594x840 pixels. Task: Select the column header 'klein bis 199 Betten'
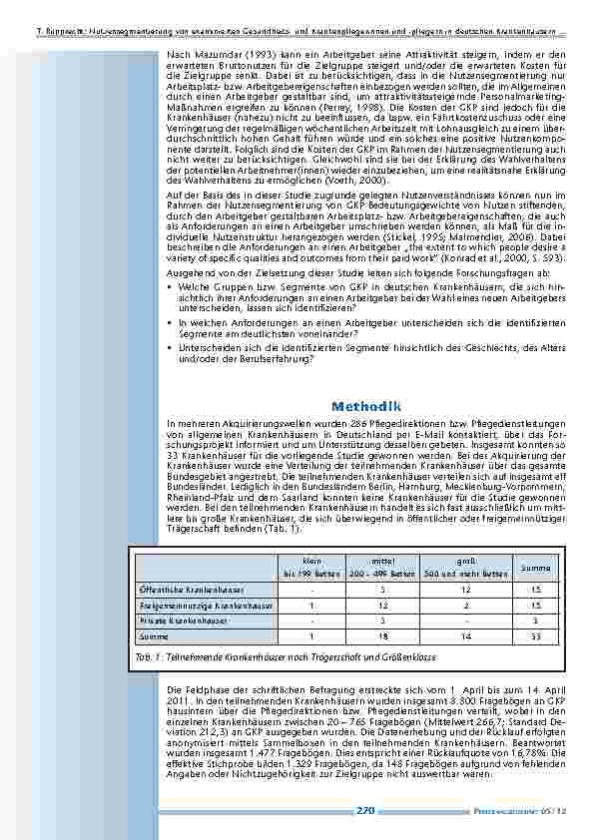[310, 568]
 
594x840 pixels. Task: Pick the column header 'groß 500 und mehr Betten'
[453, 568]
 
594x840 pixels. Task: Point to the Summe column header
[535, 568]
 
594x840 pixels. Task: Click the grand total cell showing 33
[535, 634]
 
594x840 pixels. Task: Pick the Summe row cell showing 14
[453, 634]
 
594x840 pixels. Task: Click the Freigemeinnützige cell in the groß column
[453, 605]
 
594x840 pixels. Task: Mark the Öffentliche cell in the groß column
[453, 590]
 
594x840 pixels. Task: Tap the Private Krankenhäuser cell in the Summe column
[535, 620]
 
